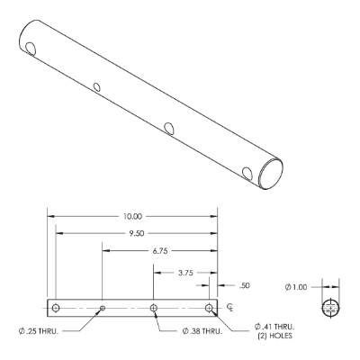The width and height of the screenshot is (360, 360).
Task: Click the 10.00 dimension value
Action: (132, 216)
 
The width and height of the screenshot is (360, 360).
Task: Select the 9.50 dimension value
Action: (137, 233)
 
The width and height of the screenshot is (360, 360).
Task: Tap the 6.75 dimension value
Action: (159, 251)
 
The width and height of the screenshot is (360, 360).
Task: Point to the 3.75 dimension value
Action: (185, 273)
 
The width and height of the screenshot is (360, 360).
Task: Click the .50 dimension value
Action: (245, 285)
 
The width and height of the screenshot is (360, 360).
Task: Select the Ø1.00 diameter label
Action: (296, 287)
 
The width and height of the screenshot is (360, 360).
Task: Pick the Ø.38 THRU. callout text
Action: (202, 331)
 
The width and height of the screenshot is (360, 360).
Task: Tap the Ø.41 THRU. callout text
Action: (274, 327)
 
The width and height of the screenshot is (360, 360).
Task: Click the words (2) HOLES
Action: (274, 336)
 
